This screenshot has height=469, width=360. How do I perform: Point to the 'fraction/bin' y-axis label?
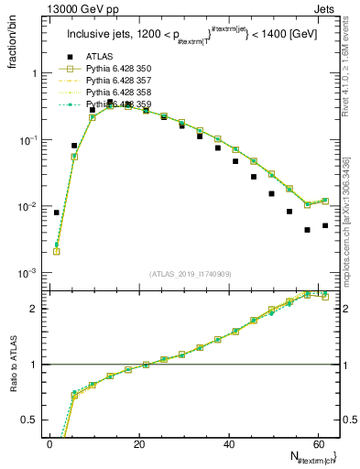tap(12, 48)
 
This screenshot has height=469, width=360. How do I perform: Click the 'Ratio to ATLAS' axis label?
tap(12, 365)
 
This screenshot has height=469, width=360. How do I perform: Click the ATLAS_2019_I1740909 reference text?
tap(191, 274)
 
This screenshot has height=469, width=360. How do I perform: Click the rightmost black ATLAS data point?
tap(325, 225)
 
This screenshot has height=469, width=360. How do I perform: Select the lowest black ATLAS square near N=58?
tap(308, 230)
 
